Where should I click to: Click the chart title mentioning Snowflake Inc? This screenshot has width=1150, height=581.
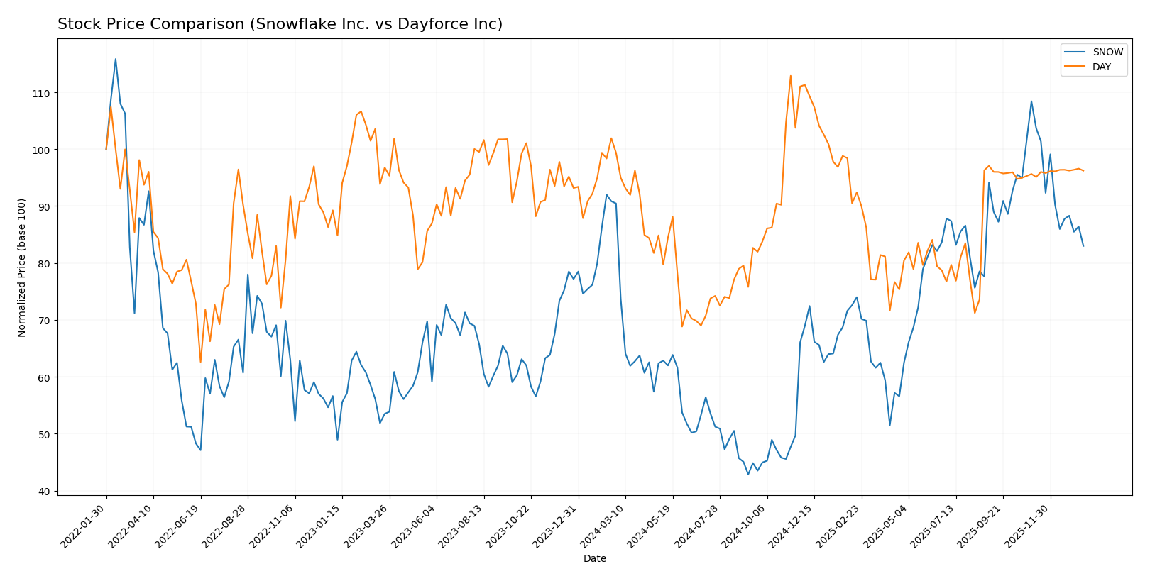[x=280, y=24]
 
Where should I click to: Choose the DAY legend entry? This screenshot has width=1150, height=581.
[x=1102, y=67]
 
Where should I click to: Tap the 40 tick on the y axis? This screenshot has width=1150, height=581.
[x=44, y=491]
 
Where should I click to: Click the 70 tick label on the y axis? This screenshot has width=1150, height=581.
[x=44, y=321]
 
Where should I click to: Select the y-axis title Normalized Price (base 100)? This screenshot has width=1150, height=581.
[x=22, y=268]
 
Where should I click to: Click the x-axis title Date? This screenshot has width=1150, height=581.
[x=594, y=558]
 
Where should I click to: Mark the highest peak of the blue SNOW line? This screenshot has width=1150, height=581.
[x=116, y=59]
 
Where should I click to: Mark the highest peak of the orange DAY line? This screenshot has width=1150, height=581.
[x=790, y=76]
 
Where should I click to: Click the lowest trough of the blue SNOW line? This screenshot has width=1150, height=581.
[x=747, y=475]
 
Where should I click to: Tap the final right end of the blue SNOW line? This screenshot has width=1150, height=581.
[x=1083, y=246]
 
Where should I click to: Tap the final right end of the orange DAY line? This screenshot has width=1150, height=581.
[x=1083, y=171]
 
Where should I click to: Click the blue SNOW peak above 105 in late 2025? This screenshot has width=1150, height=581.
[x=1031, y=101]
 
